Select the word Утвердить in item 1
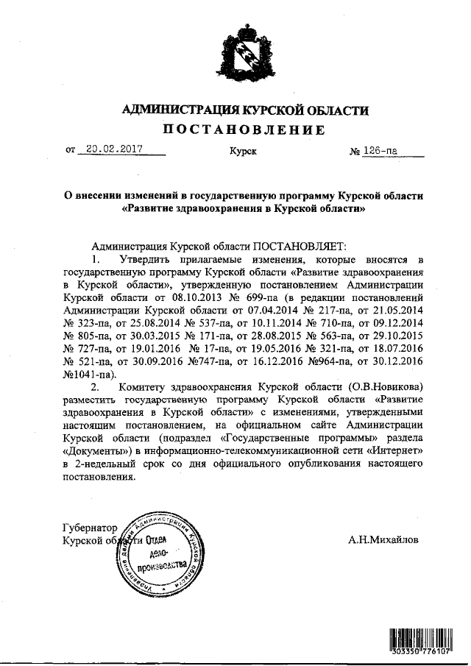139,261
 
